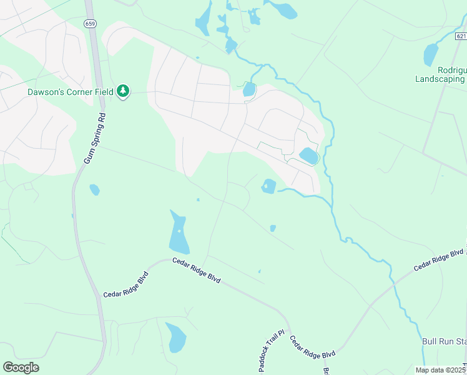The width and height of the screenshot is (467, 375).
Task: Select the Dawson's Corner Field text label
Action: (70, 92)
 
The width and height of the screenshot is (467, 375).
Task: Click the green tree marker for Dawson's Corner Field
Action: (124, 92)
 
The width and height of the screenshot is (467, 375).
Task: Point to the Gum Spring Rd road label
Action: (96, 139)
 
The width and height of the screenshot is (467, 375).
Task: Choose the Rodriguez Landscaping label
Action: (441, 75)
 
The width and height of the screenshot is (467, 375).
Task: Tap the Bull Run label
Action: (445, 341)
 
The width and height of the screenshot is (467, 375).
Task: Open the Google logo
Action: (21, 367)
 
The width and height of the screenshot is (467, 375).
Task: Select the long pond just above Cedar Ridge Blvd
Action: (179, 233)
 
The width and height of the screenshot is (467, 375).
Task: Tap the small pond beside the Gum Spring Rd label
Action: (94, 189)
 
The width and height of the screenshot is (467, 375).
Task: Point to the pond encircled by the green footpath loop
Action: (308, 156)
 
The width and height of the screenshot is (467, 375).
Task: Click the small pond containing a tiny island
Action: (268, 186)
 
